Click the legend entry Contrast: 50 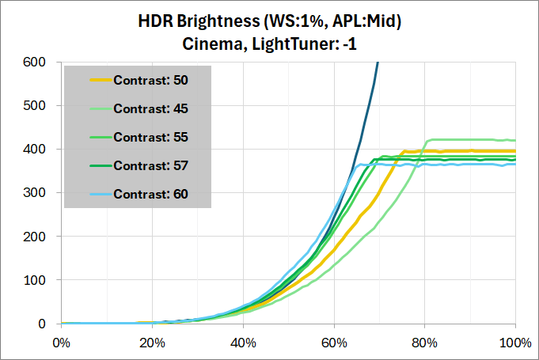[x=150, y=80]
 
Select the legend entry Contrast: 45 [x=150, y=108]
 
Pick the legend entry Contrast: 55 [x=150, y=137]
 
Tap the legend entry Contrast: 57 [x=150, y=165]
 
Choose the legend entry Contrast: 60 [x=150, y=194]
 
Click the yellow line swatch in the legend [x=101, y=80]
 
